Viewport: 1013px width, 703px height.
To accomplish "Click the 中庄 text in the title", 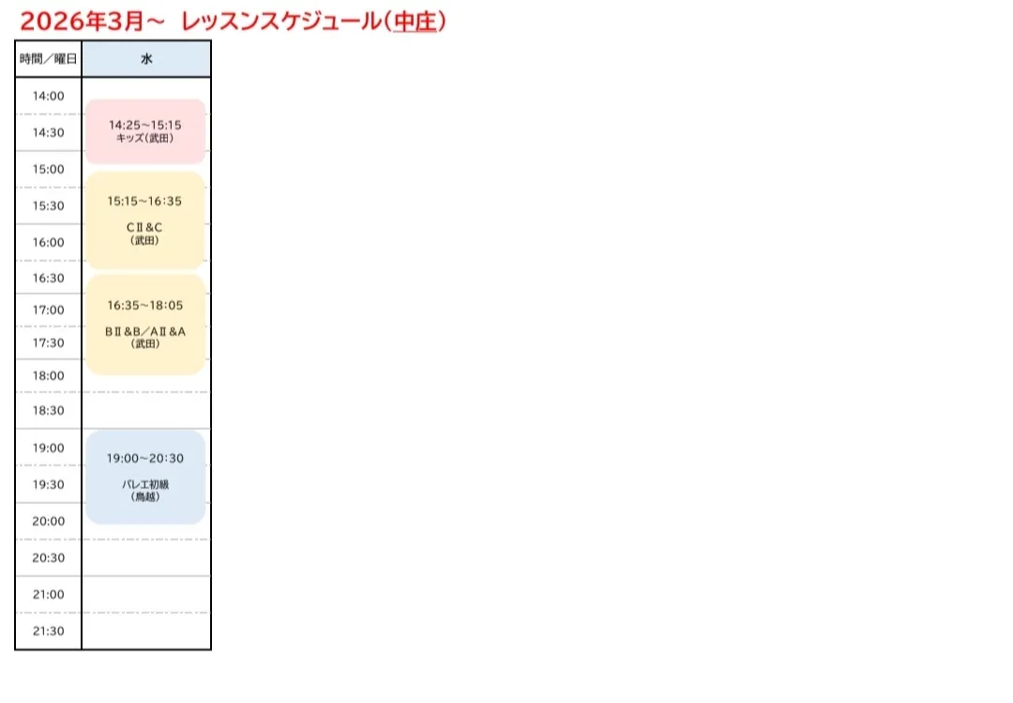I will point(415,21).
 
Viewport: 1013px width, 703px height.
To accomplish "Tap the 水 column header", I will point(146,59).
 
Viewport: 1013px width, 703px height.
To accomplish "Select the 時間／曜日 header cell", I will point(49,59).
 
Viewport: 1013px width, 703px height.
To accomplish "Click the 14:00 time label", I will point(49,96).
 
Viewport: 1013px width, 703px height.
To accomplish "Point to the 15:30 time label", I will point(49,206).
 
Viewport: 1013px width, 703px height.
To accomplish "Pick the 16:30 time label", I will point(49,278).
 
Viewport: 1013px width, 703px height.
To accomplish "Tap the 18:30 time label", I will point(49,410).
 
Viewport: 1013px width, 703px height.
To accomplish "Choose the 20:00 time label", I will point(49,521).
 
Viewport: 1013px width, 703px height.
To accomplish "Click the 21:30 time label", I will point(49,631).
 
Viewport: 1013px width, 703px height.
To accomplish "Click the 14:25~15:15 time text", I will point(145,124).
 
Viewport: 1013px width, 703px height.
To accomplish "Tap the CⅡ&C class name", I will point(145,227).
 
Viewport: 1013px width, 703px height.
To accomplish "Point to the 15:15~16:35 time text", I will point(145,201).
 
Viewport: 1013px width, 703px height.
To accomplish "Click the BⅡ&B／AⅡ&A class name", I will point(145,331).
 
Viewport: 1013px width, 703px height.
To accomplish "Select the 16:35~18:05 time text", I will point(145,305).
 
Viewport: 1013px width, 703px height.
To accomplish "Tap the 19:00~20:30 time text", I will point(145,458).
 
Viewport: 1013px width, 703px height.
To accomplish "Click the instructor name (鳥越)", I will point(145,497).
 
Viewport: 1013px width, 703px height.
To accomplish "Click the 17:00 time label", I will point(49,310).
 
